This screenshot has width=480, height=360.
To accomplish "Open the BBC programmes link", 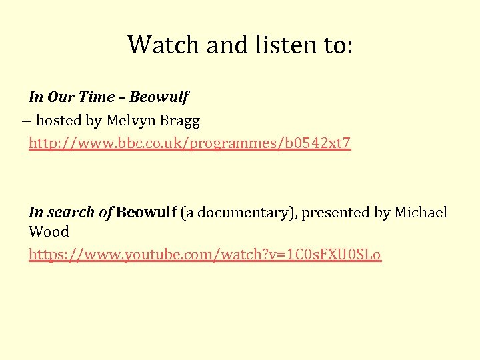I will coord(189,143).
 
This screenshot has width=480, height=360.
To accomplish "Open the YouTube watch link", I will coord(205,255).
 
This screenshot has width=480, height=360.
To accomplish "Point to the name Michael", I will coord(421,212).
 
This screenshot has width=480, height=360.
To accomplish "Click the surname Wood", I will coord(49,232).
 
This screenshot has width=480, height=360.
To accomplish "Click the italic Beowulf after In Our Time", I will coord(159,97).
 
